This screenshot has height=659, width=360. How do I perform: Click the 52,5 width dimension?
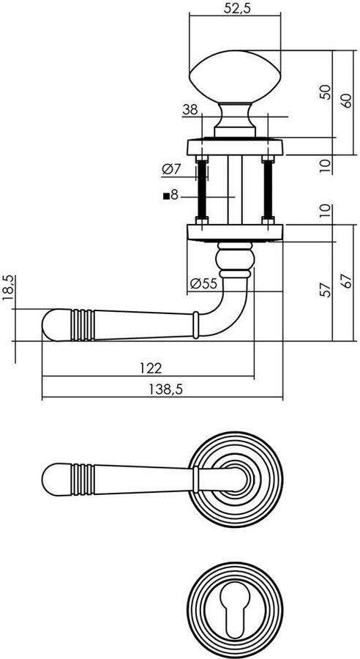point(235,8)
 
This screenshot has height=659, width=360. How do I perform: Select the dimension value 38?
point(190,110)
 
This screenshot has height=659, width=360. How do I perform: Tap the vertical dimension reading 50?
point(326,92)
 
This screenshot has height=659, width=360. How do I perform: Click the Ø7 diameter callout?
point(170,169)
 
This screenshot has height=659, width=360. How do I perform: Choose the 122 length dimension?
point(149,367)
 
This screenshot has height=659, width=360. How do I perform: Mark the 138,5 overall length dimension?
point(162,390)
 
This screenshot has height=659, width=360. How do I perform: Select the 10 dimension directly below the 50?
point(326,164)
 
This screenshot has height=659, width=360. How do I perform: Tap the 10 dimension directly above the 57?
point(326,213)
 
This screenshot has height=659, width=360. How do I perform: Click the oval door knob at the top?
point(235,77)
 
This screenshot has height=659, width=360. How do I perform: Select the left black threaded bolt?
point(201,188)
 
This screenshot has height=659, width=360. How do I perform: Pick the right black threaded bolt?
point(269,188)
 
